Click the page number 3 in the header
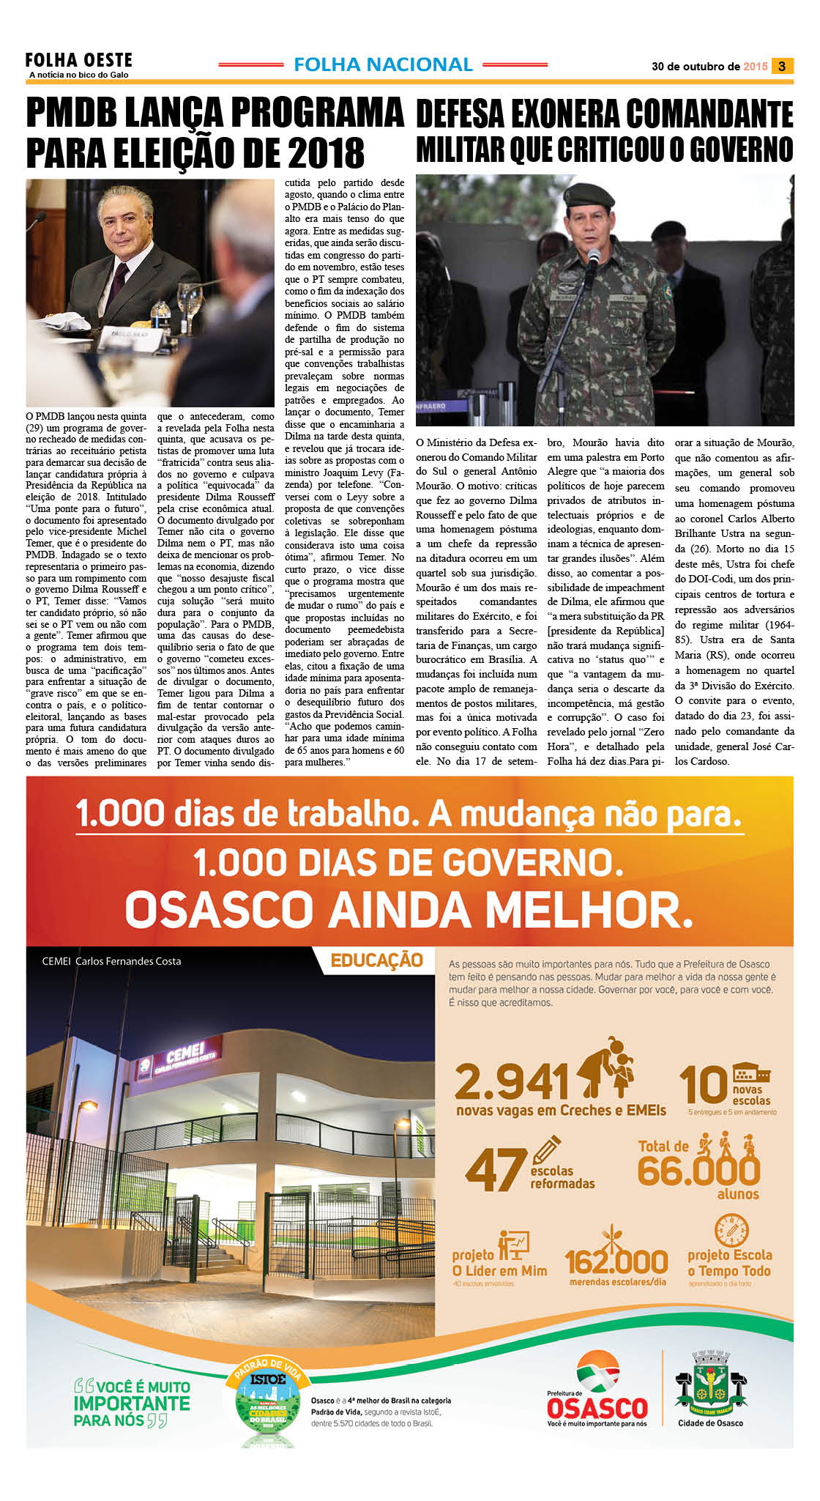782,66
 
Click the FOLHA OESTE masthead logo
78,61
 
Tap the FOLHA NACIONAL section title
383,65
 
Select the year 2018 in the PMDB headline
326,153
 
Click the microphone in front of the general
592,258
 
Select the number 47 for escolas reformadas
496,1169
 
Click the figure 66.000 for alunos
698,1171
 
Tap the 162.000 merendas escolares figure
616,1261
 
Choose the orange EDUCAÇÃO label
376,960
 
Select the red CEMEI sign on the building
184,1057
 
